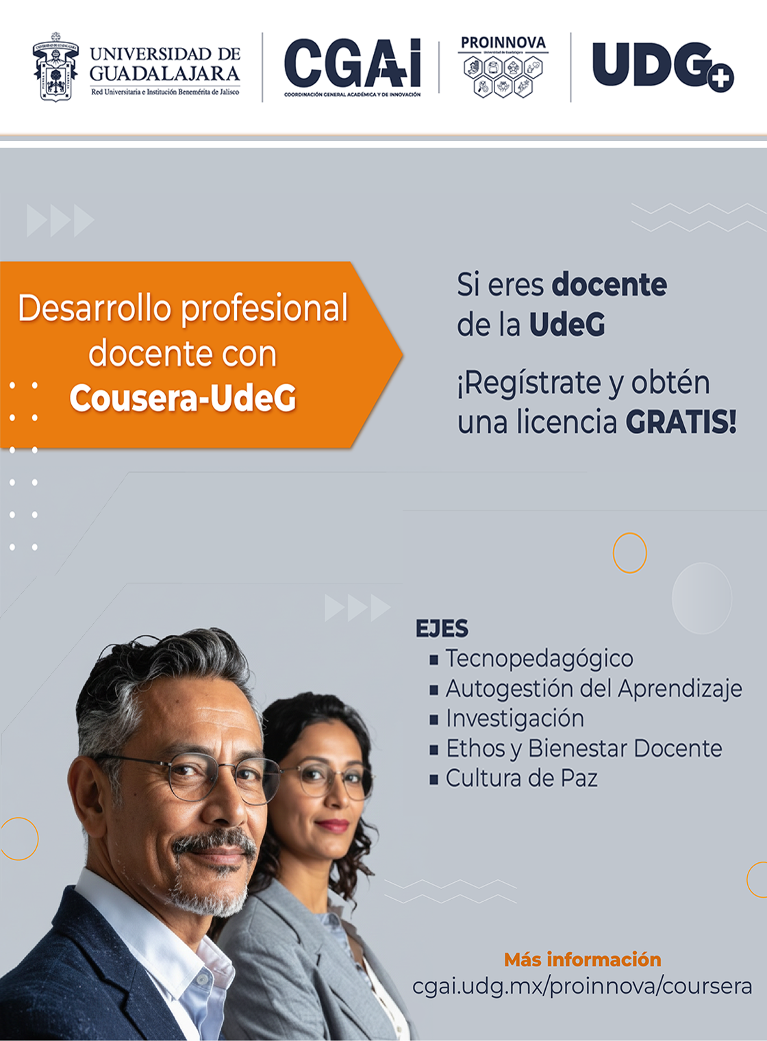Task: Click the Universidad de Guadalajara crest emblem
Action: [55, 67]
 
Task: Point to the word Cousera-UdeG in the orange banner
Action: [183, 398]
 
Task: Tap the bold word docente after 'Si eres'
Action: [609, 285]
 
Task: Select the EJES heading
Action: [442, 629]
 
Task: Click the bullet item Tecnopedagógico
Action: [539, 658]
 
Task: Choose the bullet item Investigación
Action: [515, 718]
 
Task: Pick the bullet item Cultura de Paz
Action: [521, 779]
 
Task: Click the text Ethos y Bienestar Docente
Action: [583, 749]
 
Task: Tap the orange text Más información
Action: [582, 960]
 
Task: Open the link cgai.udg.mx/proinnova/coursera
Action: [582, 986]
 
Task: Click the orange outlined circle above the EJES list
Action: [629, 553]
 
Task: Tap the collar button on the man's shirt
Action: [202, 980]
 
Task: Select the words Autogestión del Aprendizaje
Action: [594, 688]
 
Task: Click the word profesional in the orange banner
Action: [265, 309]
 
